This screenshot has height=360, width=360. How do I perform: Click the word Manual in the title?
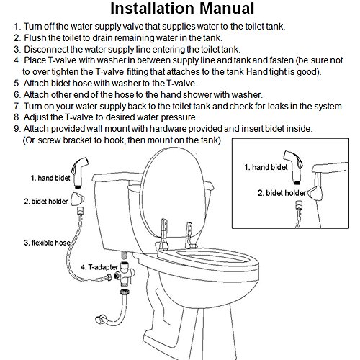point(227,9)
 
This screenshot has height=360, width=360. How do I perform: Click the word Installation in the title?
point(152,9)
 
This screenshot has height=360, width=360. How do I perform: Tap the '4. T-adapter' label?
point(99,267)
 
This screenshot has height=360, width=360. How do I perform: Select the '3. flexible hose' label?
point(48,243)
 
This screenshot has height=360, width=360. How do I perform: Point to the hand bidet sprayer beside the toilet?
point(80,172)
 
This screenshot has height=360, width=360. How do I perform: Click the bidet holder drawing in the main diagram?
point(78,198)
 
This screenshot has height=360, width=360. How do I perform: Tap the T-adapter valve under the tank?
point(125,274)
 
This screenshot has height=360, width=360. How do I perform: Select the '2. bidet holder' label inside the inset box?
point(282,193)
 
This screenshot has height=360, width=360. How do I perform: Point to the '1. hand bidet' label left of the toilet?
point(50,178)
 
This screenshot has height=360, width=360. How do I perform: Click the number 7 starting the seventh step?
point(17,106)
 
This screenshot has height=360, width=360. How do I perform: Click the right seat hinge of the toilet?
point(190,235)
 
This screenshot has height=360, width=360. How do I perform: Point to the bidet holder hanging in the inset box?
point(315,194)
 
